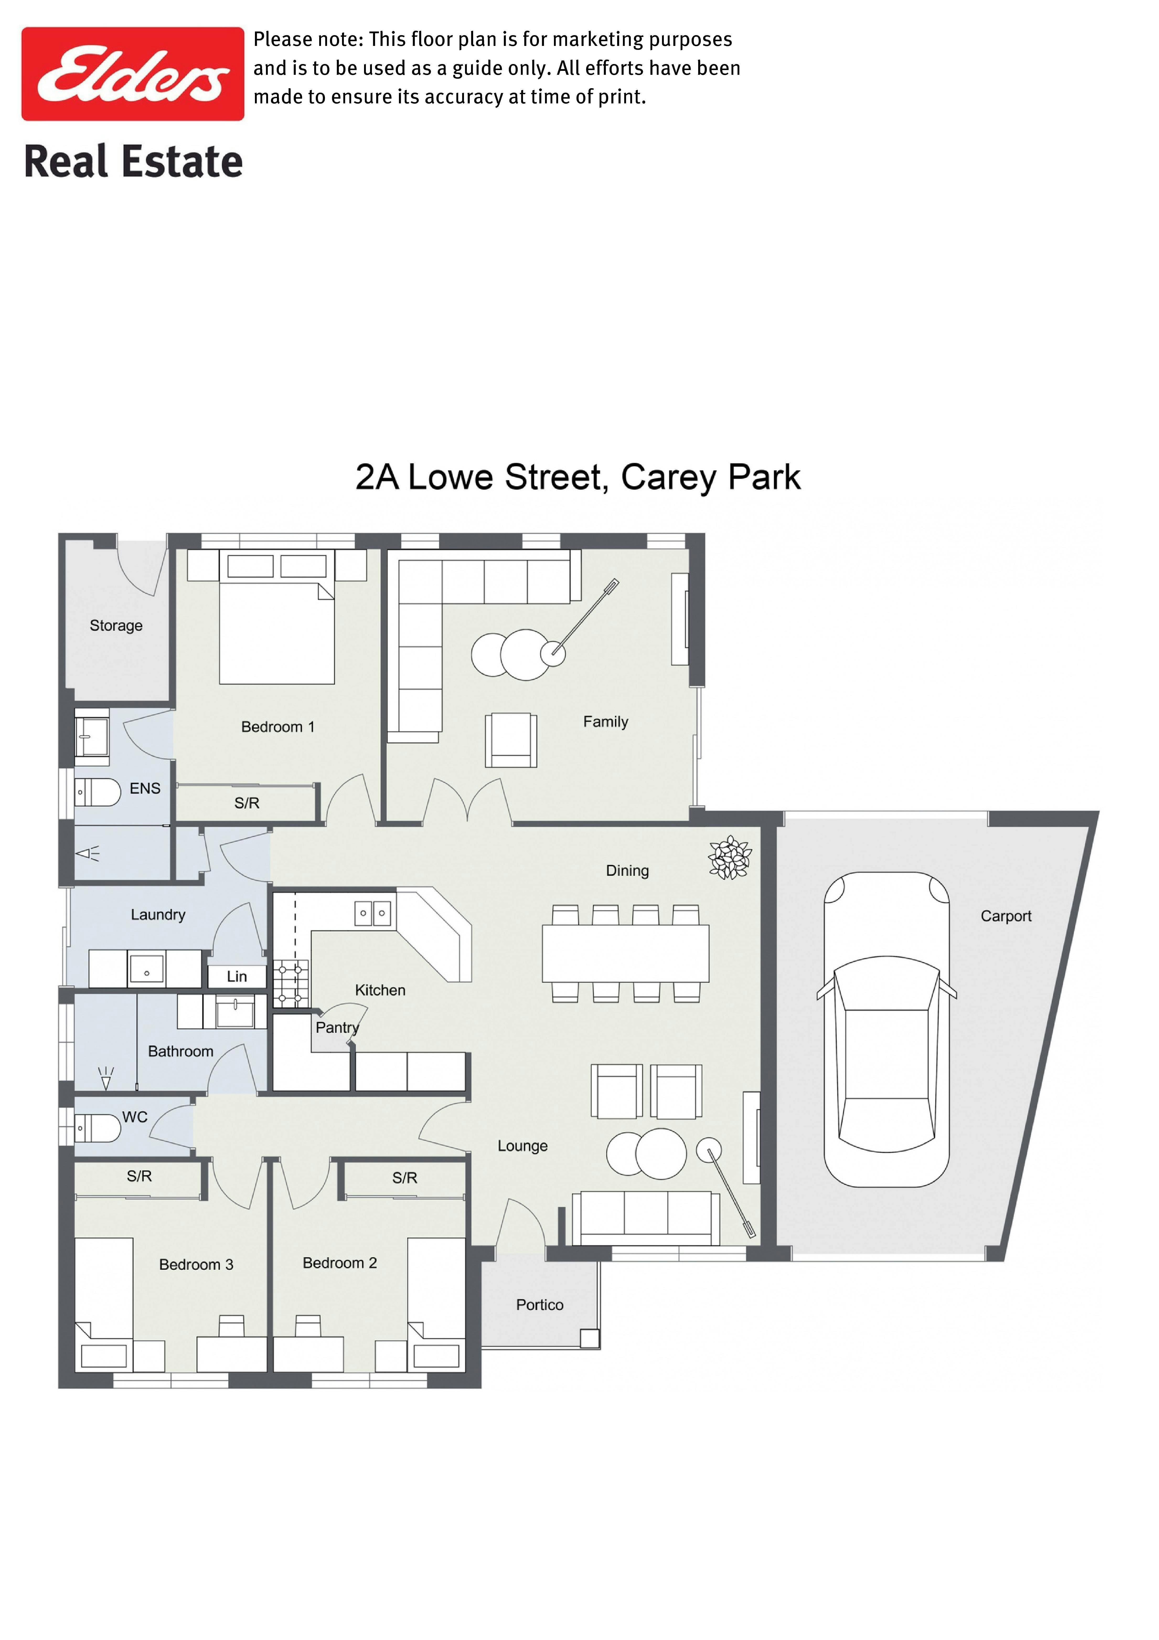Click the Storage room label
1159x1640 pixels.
tap(116, 626)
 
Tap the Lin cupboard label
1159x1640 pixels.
tap(237, 976)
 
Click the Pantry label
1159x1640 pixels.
tap(337, 1028)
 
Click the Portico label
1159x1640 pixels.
tap(540, 1305)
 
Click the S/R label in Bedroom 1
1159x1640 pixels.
tap(247, 803)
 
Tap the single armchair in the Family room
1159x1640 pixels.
tap(511, 740)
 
